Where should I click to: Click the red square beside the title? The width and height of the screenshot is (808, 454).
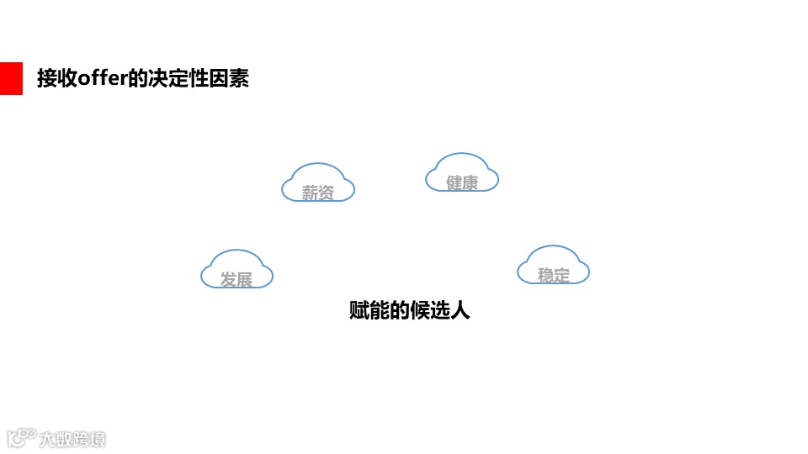click(x=11, y=78)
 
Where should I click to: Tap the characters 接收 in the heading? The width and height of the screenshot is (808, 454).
click(x=57, y=79)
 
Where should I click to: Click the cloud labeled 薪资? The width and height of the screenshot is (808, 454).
click(x=318, y=182)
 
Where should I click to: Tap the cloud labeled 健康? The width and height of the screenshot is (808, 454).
click(x=462, y=172)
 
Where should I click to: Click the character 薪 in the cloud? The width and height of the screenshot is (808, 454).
click(x=310, y=193)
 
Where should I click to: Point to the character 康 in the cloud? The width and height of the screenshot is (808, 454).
click(x=470, y=182)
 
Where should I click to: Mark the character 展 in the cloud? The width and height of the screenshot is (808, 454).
click(x=245, y=280)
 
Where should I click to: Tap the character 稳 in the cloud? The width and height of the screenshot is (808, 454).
click(x=545, y=275)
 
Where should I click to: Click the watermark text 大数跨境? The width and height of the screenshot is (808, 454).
click(x=73, y=439)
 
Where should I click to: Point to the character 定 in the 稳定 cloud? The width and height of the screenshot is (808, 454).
click(x=562, y=275)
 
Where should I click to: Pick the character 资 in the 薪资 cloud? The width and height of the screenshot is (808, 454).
click(x=327, y=193)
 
